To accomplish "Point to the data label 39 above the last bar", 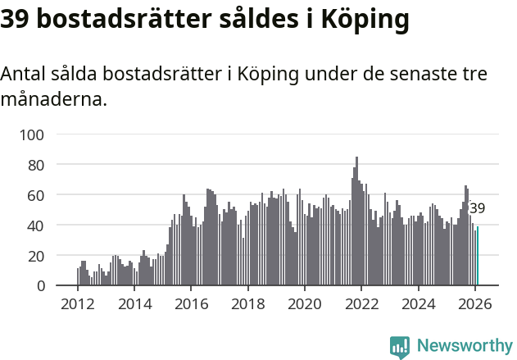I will click(478, 208).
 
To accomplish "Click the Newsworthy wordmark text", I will click(465, 345).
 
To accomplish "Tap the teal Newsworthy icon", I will click(399, 346).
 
